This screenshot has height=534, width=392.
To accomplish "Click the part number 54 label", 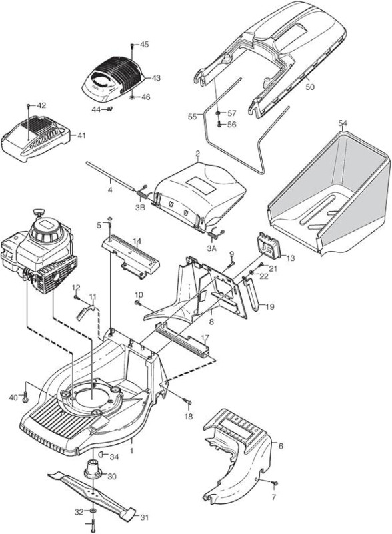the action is [x=343, y=123].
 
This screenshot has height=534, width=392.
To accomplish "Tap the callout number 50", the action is [x=309, y=87].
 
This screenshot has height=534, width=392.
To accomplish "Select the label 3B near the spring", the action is [x=140, y=207].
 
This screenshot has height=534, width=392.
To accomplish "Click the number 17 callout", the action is [x=205, y=338].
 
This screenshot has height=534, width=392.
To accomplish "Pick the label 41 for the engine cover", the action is [x=81, y=136].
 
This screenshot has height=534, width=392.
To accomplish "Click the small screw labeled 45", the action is [x=133, y=45].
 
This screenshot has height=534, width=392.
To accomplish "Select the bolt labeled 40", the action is [x=25, y=397].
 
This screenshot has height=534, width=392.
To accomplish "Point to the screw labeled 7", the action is [x=275, y=483].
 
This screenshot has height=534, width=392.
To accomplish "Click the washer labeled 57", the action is [x=219, y=113].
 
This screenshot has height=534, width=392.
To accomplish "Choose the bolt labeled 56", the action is [x=219, y=125].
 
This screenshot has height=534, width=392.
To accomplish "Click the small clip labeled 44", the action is [x=109, y=109].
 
